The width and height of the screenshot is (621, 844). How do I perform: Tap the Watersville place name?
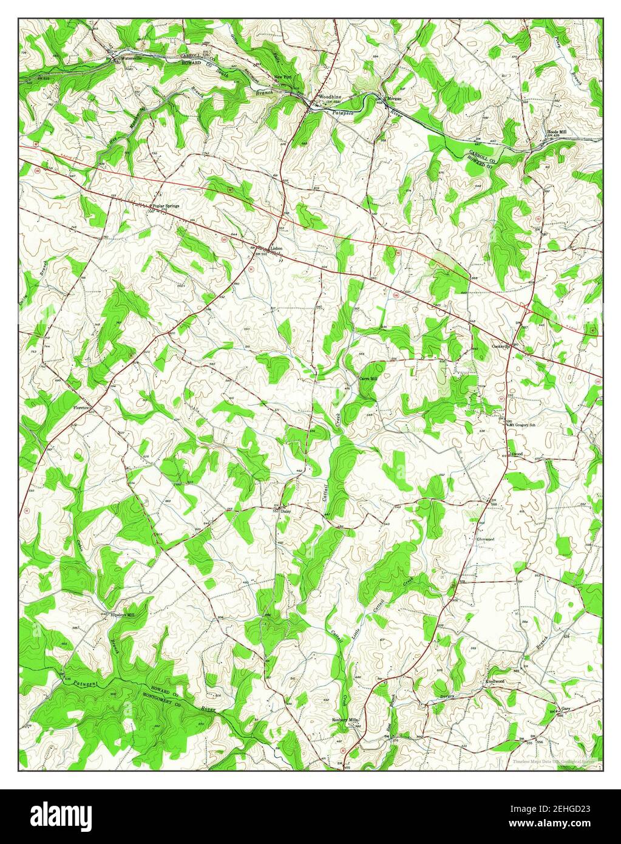point(132,58)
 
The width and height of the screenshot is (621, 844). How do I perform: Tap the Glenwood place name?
point(485,539)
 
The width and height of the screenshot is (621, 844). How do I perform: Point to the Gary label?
point(566,709)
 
